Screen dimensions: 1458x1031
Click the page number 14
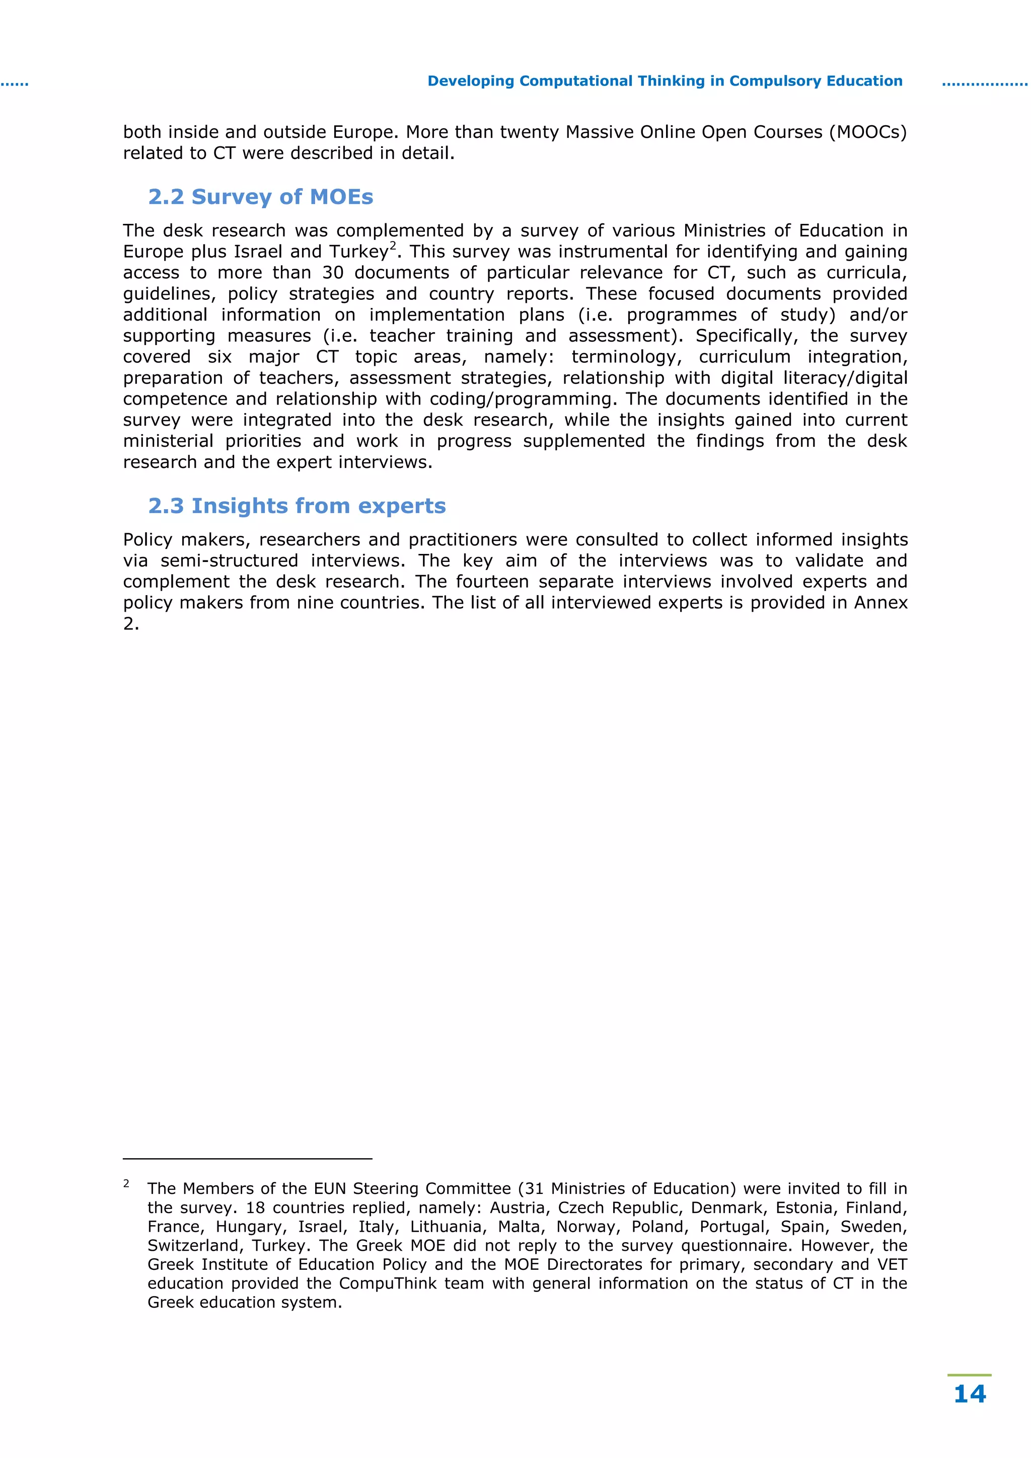[970, 1394]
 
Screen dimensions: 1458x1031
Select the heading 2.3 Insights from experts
[297, 506]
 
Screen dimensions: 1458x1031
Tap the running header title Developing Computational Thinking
[665, 82]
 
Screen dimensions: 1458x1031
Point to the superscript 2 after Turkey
[393, 245]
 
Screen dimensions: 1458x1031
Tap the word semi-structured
[229, 561]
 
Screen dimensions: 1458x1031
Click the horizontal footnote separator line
[247, 1159]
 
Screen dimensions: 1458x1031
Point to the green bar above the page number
[969, 1375]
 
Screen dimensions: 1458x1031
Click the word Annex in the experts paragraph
[880, 603]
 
